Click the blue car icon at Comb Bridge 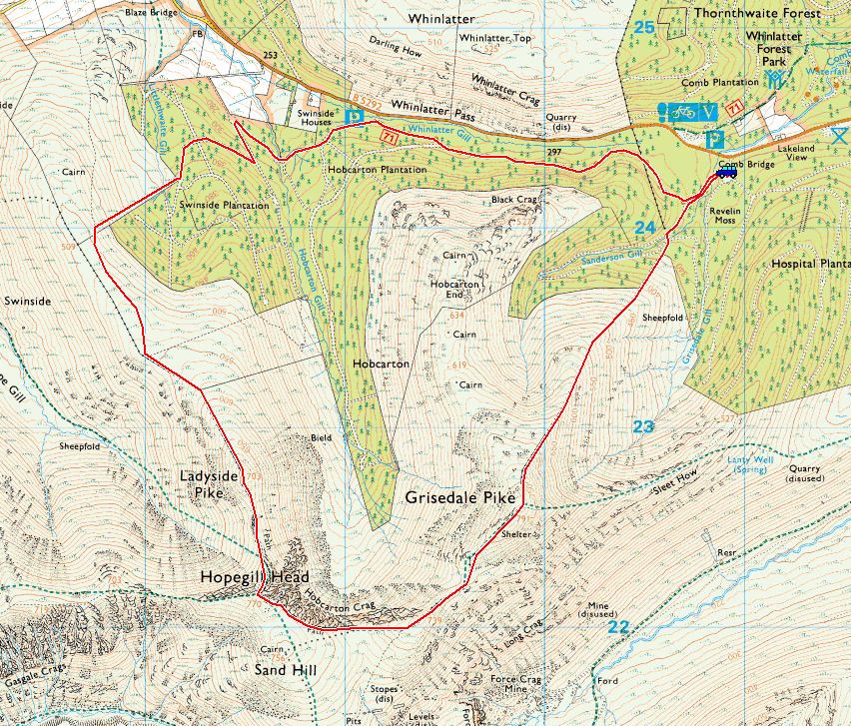coord(726,173)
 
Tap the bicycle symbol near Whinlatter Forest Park coord(684,111)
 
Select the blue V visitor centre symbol coord(709,111)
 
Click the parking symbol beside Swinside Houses coord(352,118)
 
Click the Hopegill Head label coord(254,578)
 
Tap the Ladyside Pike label coord(209,484)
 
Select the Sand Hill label coord(285,669)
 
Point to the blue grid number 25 coord(644,27)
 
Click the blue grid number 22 coord(619,627)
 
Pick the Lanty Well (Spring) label coord(751,465)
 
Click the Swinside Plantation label coord(224,205)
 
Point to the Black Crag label coord(514,200)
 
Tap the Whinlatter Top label coord(494,38)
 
